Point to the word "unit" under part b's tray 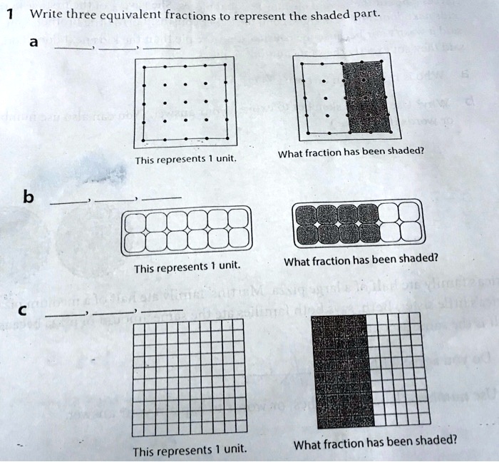click(x=229, y=267)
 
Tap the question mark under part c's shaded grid click(x=453, y=440)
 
